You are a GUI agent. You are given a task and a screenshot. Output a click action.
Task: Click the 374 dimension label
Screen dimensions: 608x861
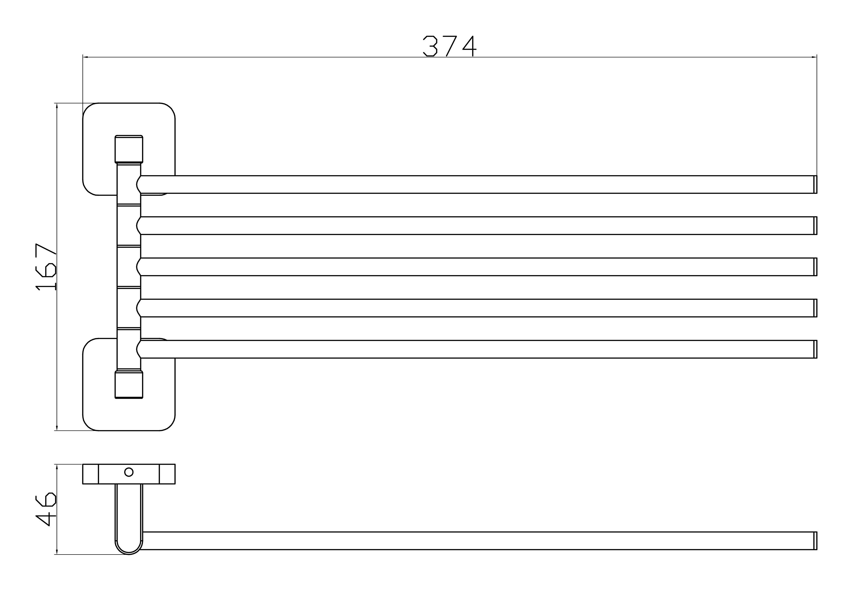click(x=450, y=46)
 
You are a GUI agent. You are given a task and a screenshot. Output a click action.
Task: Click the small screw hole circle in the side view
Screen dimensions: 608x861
click(x=129, y=472)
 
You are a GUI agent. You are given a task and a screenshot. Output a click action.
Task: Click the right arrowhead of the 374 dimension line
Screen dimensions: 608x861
click(x=814, y=57)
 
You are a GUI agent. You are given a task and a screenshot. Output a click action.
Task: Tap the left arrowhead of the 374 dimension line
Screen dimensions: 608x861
click(x=85, y=57)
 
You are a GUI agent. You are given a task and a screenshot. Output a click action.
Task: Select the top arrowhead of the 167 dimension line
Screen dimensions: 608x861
click(x=57, y=106)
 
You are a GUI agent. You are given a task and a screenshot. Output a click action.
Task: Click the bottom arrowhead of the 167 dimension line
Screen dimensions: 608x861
click(x=57, y=427)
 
